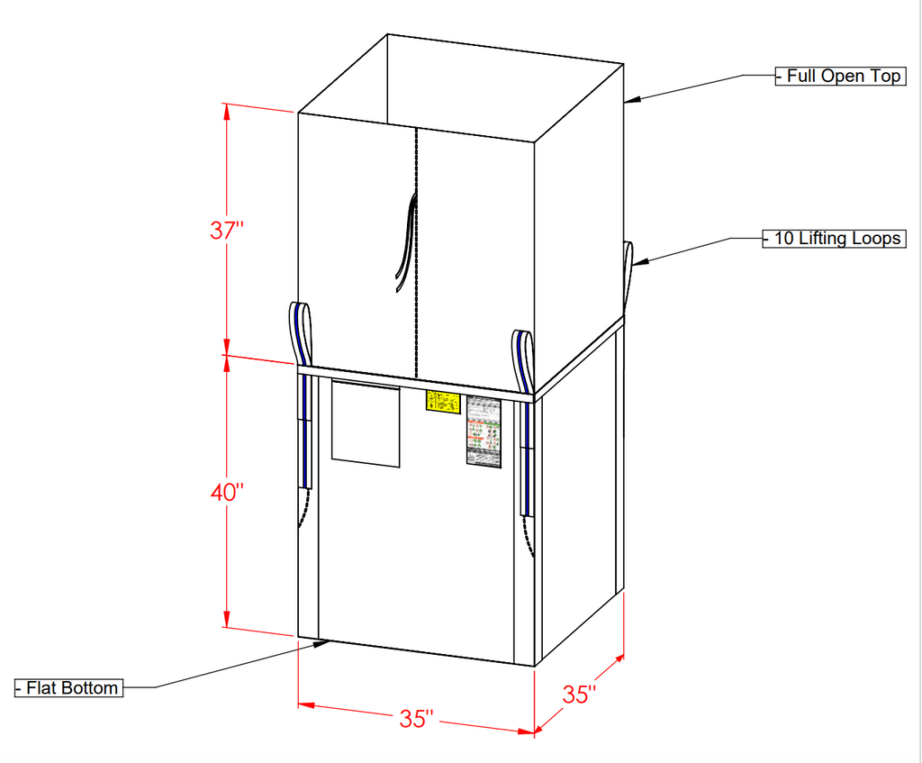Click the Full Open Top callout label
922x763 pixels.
(839, 77)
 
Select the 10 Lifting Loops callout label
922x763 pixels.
(834, 239)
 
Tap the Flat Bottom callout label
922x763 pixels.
(68, 688)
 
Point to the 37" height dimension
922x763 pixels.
(227, 230)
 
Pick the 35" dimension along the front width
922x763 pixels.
(417, 719)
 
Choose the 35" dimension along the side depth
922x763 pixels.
(580, 695)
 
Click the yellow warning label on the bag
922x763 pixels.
(442, 403)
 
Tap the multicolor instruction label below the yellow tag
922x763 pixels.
(483, 431)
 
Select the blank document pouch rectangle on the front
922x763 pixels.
(366, 422)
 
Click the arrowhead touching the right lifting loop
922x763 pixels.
(637, 262)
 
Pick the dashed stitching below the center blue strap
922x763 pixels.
(530, 537)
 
